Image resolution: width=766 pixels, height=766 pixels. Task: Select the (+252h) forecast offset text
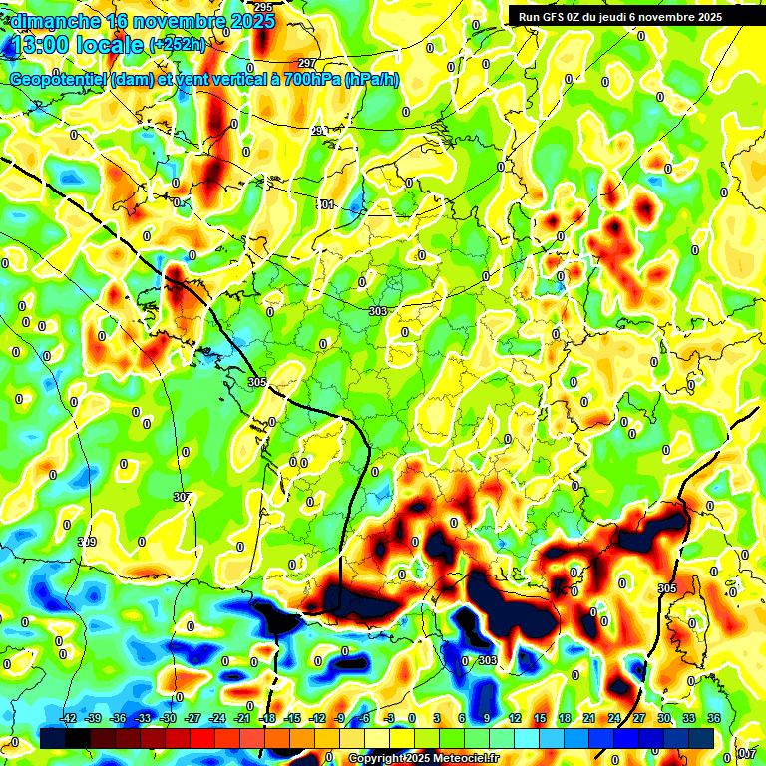[x=177, y=45]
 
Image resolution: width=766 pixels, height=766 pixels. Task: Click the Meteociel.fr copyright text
[x=423, y=758]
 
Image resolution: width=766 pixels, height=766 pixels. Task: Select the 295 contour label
[x=263, y=8]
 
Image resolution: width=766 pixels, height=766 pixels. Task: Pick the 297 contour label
[x=306, y=63]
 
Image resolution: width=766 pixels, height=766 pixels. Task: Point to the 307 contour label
[x=181, y=497]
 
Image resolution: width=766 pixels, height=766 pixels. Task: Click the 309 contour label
[x=87, y=542]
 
